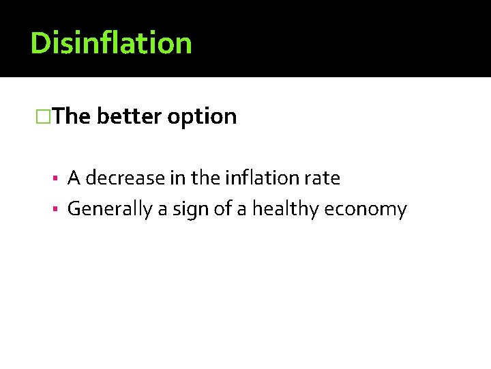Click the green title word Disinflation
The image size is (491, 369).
coord(111,43)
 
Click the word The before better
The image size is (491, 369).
coord(71,117)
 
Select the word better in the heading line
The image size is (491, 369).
coord(129,117)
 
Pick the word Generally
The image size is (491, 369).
coord(110,209)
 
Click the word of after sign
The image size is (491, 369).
coord(222,209)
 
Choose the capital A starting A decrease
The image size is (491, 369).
coord(74,179)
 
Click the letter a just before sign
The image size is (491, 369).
coord(162,210)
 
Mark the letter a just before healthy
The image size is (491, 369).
coord(243,210)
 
